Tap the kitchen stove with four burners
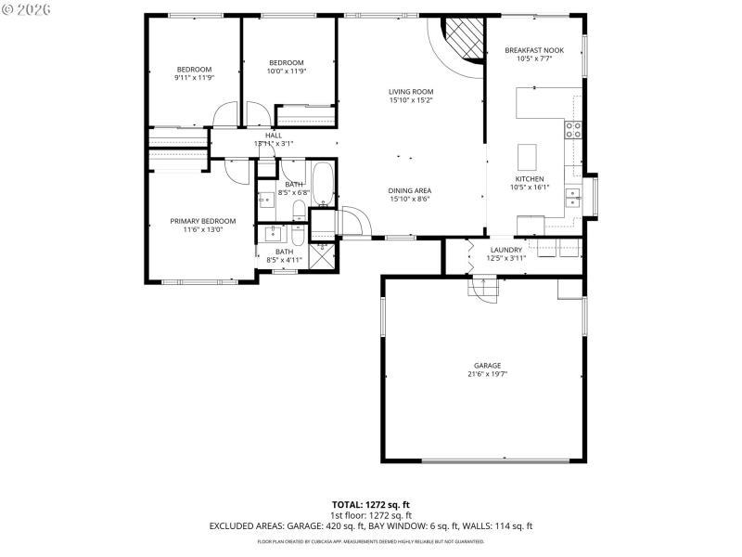(x=573, y=130)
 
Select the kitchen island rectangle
(x=528, y=153)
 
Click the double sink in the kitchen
(x=574, y=196)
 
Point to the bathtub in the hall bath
(x=323, y=185)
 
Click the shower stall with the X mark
(x=321, y=256)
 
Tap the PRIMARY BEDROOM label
(x=202, y=221)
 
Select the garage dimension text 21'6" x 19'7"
(x=487, y=375)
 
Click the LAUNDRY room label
(x=505, y=249)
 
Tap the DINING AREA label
(x=410, y=190)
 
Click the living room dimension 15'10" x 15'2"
(x=410, y=100)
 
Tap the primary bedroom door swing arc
(x=232, y=170)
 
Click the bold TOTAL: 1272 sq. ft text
(x=371, y=504)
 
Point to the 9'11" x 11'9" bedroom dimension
(x=195, y=78)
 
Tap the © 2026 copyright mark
(x=29, y=10)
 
